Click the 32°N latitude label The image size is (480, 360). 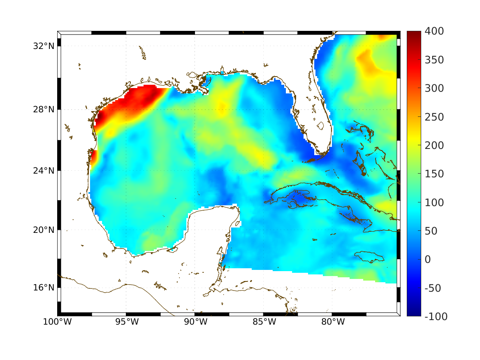(44, 46)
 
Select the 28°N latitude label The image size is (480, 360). (44, 109)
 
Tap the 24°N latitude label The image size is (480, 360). (44, 170)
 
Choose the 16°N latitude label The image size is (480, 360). (44, 287)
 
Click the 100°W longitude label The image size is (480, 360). (57, 322)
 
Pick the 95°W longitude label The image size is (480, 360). (126, 322)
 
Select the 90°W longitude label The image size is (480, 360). (195, 322)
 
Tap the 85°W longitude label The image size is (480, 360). (264, 322)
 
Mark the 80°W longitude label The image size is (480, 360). (332, 322)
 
